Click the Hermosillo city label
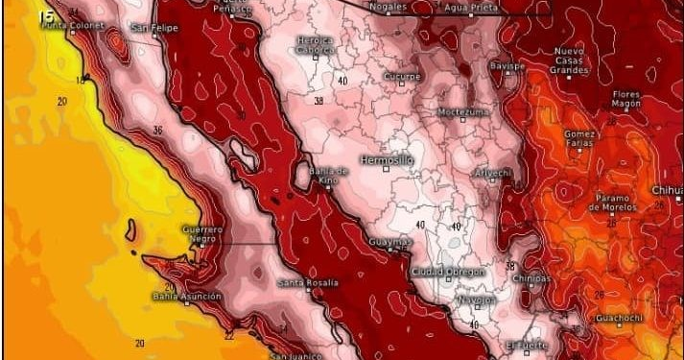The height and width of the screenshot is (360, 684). (x=387, y=159)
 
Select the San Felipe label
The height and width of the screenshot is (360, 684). (x=154, y=28)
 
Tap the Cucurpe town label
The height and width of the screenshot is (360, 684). (x=402, y=76)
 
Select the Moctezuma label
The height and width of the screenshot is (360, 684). (x=463, y=111)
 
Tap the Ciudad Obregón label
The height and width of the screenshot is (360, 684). (x=448, y=272)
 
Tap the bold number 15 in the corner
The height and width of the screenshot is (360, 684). (x=45, y=15)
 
